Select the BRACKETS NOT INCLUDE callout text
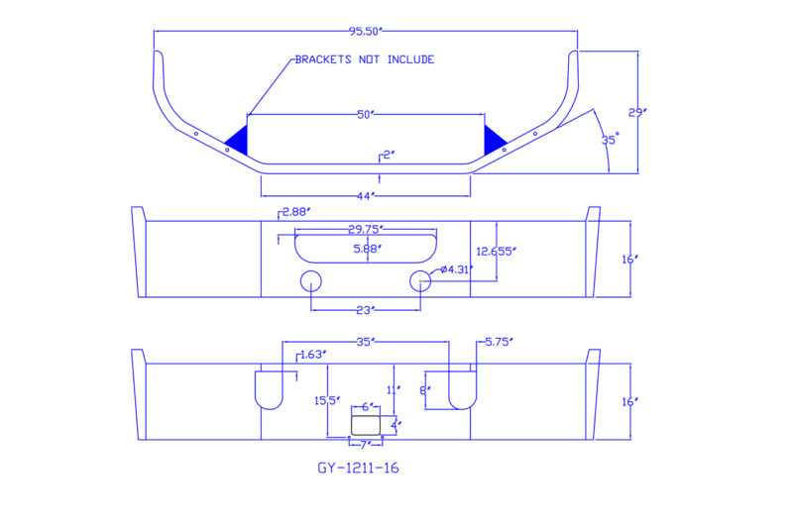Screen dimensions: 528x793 tap(365, 59)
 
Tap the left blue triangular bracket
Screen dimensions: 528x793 tap(237, 136)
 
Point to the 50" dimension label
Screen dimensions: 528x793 tap(365, 115)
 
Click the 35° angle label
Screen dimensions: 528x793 tap(610, 140)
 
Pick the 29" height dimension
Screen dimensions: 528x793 tap(639, 112)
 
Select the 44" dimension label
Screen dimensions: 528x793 tap(365, 195)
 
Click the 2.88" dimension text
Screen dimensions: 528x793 tap(296, 212)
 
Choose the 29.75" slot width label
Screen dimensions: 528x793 tap(365, 230)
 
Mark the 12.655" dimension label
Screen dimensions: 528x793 tap(496, 252)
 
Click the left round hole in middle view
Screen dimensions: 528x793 tap(311, 280)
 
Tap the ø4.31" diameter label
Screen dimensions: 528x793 tap(455, 269)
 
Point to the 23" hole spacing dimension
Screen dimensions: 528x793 tap(365, 310)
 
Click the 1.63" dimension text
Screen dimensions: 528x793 tap(311, 354)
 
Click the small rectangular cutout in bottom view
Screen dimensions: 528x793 tap(366, 424)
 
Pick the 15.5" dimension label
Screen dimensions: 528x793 tap(326, 401)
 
